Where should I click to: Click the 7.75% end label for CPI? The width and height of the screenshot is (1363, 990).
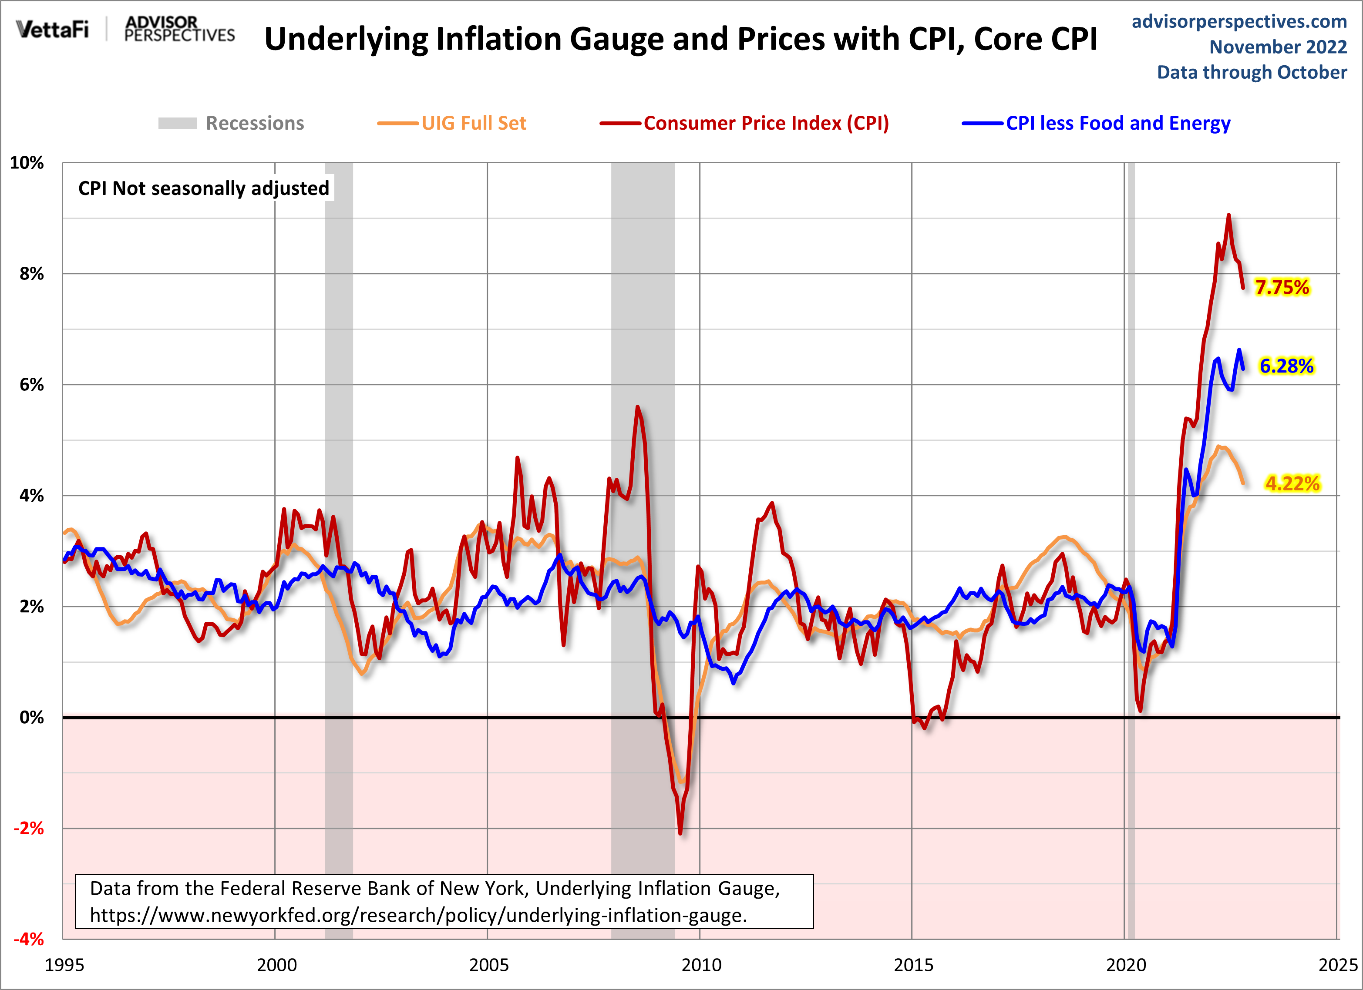click(x=1282, y=287)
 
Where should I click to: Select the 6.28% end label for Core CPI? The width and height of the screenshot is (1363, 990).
click(x=1286, y=366)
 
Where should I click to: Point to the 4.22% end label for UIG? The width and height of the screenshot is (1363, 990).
click(x=1292, y=483)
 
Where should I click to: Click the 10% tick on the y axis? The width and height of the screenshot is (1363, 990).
click(x=27, y=163)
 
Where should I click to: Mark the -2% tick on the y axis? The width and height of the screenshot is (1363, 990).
click(x=29, y=829)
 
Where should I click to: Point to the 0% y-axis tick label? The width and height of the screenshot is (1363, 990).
click(x=32, y=717)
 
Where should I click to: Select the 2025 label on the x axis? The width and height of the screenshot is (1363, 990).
click(x=1338, y=965)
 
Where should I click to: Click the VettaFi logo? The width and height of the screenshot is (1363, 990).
click(x=52, y=29)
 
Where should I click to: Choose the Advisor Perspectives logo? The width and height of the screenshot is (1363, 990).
click(x=179, y=29)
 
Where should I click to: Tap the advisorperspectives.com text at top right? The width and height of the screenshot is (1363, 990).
click(x=1239, y=22)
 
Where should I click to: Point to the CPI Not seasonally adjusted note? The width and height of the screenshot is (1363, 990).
click(x=204, y=188)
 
